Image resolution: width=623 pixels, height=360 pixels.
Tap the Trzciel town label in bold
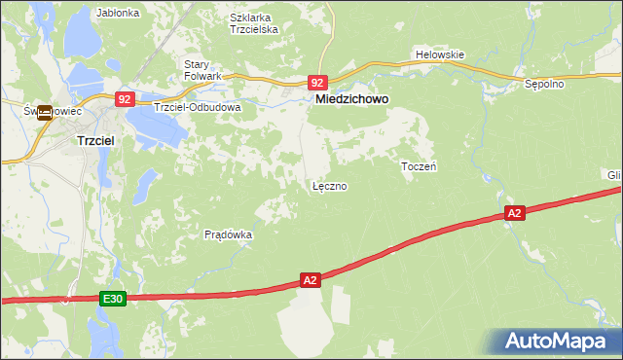pos(97,141)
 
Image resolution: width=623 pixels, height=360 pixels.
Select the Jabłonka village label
pos(119,14)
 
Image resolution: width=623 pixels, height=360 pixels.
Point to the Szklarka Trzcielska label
pos(254,23)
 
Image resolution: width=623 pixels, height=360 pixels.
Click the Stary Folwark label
pos(203,70)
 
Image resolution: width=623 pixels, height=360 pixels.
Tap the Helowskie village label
pos(440,54)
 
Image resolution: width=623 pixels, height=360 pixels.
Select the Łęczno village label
pos(329,185)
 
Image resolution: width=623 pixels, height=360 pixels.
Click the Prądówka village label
pos(229,234)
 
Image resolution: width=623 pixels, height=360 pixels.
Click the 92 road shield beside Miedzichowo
pos(318,84)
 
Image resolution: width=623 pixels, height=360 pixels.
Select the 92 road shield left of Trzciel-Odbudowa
pos(124,99)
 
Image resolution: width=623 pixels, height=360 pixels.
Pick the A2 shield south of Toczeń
pos(515,212)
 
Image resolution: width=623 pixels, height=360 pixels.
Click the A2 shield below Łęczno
pos(310,280)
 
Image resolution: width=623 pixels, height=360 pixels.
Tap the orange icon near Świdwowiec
pos(45,112)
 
